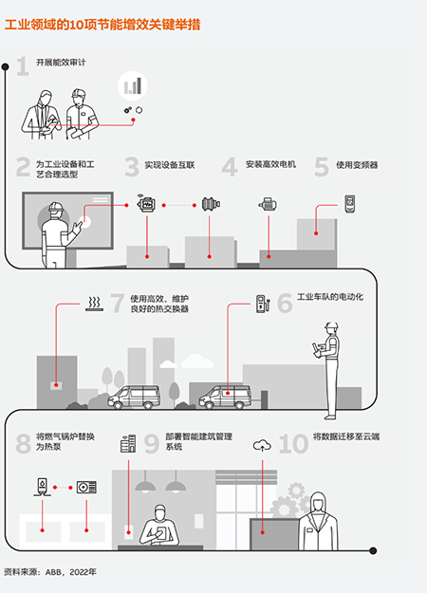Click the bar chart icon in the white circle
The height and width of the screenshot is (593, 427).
click(x=133, y=85)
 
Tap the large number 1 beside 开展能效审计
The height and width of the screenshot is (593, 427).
click(x=23, y=66)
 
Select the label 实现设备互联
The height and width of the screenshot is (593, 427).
click(x=170, y=165)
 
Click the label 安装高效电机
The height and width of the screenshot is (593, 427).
click(x=270, y=164)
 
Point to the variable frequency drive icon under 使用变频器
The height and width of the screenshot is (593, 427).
click(x=350, y=204)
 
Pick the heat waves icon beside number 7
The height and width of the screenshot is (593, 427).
click(x=94, y=304)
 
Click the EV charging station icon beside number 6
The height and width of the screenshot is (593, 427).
click(x=263, y=304)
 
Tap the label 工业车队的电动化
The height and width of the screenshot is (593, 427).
click(x=330, y=297)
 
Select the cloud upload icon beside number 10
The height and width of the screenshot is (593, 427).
click(x=262, y=445)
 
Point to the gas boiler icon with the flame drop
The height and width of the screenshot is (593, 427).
click(x=42, y=487)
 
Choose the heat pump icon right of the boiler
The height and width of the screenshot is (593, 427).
click(x=86, y=487)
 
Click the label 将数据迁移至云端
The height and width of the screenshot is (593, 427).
click(x=346, y=436)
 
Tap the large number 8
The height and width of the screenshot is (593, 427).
click(x=23, y=444)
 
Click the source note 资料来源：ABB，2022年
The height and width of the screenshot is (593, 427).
click(x=50, y=571)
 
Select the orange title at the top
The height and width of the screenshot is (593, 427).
click(x=102, y=25)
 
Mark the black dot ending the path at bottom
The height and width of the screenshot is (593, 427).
click(x=373, y=550)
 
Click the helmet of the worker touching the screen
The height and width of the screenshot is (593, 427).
click(x=56, y=207)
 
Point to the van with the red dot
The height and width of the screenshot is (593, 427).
click(x=225, y=397)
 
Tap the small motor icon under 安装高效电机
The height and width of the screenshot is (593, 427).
click(x=268, y=205)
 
